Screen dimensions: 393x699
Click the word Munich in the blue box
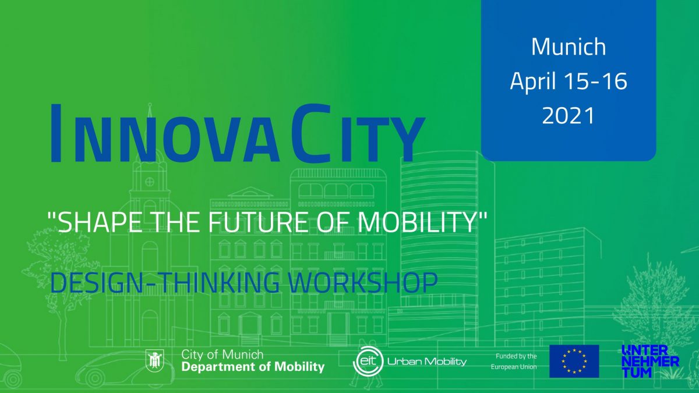click(569, 47)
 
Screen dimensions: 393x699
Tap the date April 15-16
click(569, 82)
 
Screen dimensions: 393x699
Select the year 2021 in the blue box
click(569, 115)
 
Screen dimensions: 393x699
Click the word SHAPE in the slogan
click(94, 224)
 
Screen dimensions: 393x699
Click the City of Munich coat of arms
click(157, 360)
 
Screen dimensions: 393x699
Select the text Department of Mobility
click(253, 367)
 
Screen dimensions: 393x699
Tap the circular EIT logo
click(368, 361)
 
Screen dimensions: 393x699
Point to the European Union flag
click(574, 361)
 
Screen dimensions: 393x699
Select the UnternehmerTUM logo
click(650, 361)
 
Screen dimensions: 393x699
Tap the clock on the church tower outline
click(150, 182)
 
